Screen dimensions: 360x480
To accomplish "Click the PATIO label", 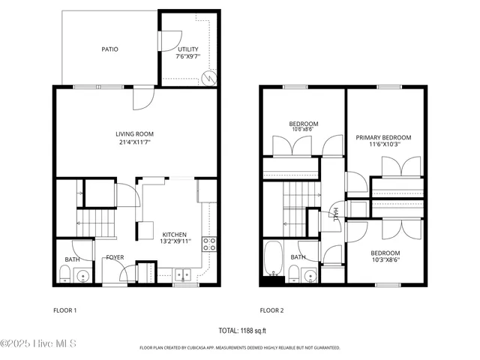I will tap(109, 49).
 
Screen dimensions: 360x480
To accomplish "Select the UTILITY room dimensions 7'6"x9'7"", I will tap(188, 57).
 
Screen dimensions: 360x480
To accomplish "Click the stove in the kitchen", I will tap(211, 243).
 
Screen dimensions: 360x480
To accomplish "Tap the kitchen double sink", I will tap(182, 275).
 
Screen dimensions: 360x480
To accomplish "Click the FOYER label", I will tap(115, 257).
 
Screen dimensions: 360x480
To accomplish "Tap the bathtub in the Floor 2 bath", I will tap(273, 259).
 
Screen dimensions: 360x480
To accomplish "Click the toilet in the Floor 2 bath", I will tap(293, 277).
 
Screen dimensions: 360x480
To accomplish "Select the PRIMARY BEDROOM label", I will tap(383, 137).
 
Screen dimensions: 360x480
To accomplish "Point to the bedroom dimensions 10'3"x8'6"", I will tap(385, 261).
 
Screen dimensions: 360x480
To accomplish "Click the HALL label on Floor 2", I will tap(335, 214).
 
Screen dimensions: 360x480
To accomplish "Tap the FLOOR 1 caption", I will tap(64, 310).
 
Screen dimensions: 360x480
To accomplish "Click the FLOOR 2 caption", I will tap(271, 310).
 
